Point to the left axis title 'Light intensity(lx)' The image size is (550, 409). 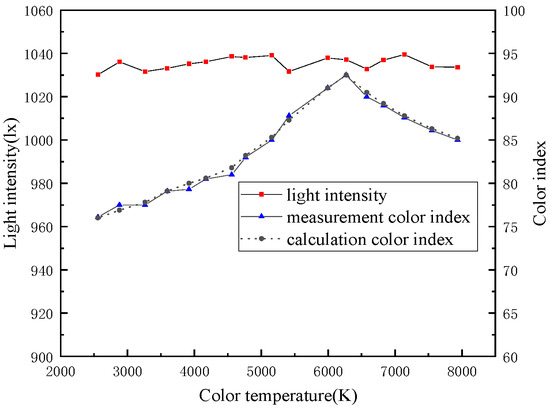[13, 182]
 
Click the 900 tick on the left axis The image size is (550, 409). [39, 357]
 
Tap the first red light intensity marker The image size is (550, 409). [98, 74]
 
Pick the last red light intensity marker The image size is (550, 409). [457, 67]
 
